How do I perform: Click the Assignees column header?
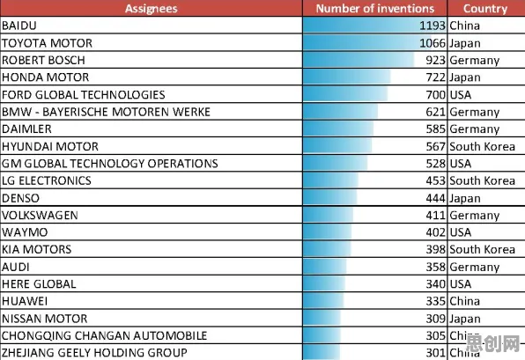pyautogui.click(x=151, y=9)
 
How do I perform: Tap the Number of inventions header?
pyautogui.click(x=375, y=9)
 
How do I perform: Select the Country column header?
pyautogui.click(x=485, y=9)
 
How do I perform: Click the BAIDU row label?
pyautogui.click(x=19, y=26)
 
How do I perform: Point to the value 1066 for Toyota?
pyautogui.click(x=433, y=43)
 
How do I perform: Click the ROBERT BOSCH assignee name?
pyautogui.click(x=43, y=60)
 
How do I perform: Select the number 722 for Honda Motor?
pyautogui.click(x=436, y=77)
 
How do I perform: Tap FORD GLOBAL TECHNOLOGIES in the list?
pyautogui.click(x=84, y=95)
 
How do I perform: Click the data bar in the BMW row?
pyautogui.click(x=340, y=112)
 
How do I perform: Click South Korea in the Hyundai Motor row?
pyautogui.click(x=482, y=146)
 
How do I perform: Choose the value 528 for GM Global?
pyautogui.click(x=436, y=164)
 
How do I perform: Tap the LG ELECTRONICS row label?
pyautogui.click(x=47, y=180)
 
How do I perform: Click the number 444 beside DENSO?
pyautogui.click(x=436, y=198)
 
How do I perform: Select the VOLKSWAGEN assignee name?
pyautogui.click(x=40, y=215)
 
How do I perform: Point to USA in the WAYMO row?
pyautogui.click(x=461, y=232)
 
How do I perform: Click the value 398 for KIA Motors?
pyautogui.click(x=436, y=249)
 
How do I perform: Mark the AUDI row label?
pyautogui.click(x=16, y=267)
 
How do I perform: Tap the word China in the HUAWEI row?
pyautogui.click(x=465, y=301)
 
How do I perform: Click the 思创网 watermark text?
pyautogui.click(x=492, y=343)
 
